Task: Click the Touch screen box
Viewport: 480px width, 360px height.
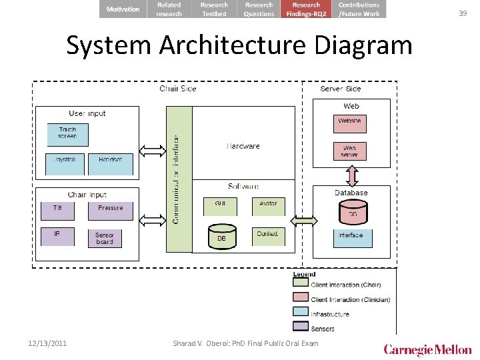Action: [x=67, y=134]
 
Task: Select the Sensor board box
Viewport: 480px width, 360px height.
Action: [x=105, y=239]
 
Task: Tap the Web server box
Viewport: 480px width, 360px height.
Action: [x=350, y=151]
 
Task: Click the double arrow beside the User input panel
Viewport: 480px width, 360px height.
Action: [x=153, y=150]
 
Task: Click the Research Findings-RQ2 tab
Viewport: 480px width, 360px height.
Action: [x=307, y=9]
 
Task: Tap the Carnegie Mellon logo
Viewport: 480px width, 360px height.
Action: [x=427, y=350]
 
